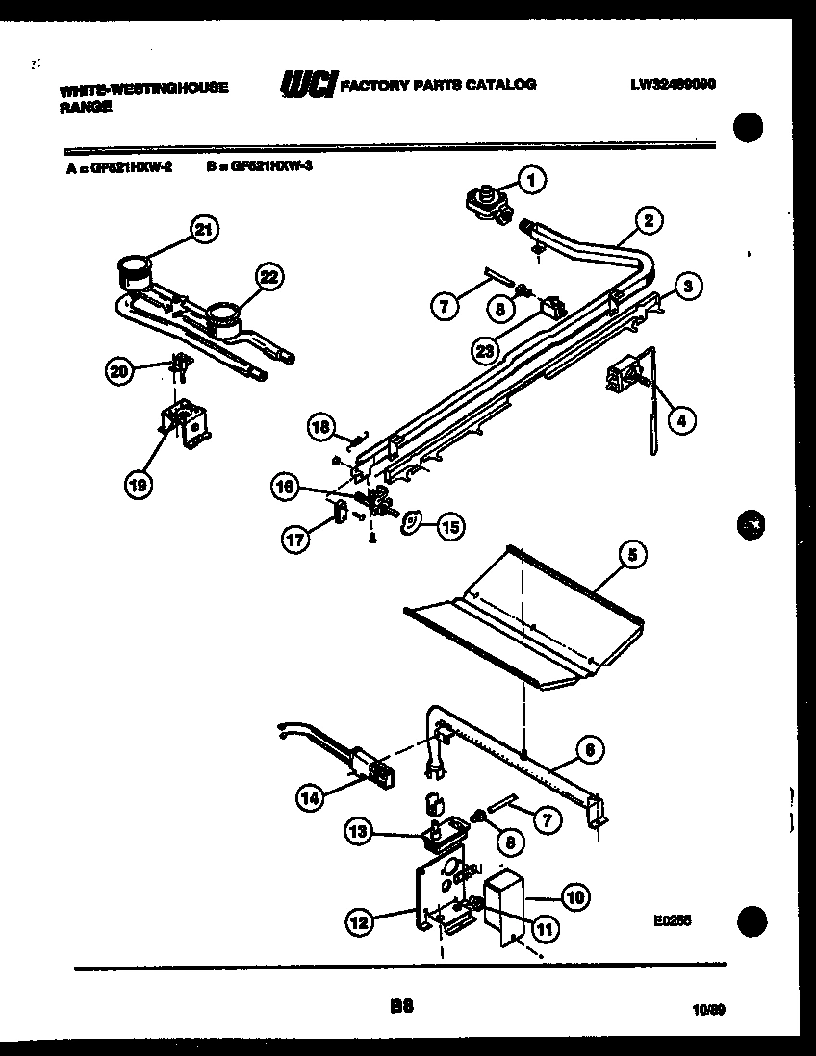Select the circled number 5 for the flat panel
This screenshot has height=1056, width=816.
point(631,554)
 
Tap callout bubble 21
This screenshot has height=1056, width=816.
point(202,229)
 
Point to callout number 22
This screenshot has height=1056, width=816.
point(270,277)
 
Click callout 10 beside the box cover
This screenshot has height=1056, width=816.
point(574,897)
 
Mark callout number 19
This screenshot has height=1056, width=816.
point(138,486)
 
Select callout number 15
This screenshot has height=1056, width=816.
point(450,526)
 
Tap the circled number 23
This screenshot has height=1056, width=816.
point(485,351)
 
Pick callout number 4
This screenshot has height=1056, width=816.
point(680,419)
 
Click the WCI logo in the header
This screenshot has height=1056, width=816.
point(306,87)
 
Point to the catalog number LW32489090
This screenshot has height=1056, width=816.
point(673,84)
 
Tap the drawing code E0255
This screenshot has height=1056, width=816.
point(672,920)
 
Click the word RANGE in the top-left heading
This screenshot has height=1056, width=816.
point(85,108)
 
